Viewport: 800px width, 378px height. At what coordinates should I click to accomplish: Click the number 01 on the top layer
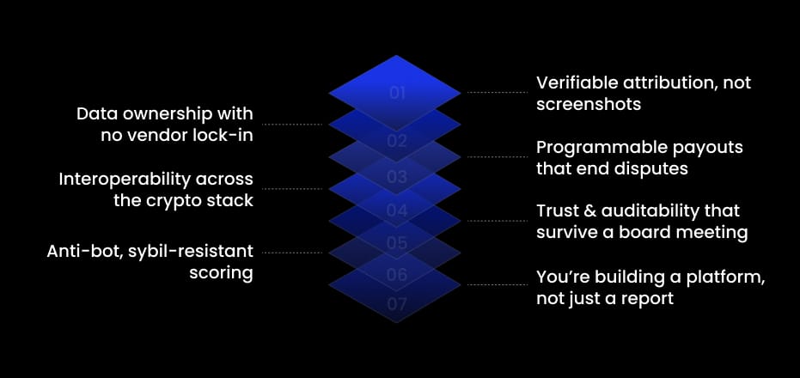point(396,93)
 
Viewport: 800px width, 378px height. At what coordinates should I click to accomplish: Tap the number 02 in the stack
point(396,141)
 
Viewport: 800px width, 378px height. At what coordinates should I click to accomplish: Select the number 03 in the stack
point(396,178)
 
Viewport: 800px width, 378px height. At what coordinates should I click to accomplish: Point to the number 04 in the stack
point(396,210)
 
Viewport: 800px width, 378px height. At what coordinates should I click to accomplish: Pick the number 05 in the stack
point(396,243)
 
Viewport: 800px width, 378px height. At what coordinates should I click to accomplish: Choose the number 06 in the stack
point(396,275)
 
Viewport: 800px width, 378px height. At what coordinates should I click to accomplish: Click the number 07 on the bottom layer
point(396,303)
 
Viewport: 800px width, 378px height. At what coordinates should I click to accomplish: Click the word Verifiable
point(576,82)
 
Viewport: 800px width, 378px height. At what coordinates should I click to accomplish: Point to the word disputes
point(649,168)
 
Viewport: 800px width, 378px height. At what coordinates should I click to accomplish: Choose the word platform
point(729,277)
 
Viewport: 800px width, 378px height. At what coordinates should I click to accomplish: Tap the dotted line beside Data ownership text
point(291,125)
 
